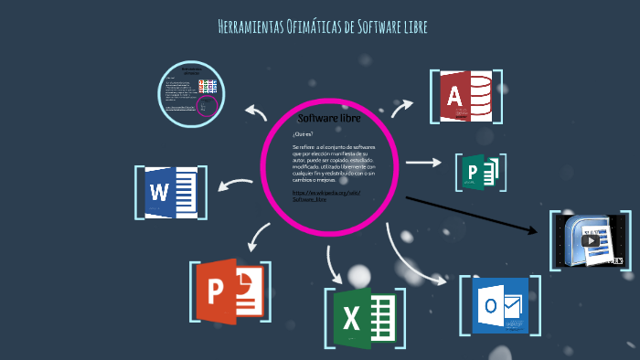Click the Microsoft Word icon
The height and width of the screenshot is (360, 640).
click(x=171, y=193)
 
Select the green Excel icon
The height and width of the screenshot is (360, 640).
click(x=363, y=317)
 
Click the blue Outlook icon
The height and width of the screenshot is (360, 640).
click(x=500, y=306)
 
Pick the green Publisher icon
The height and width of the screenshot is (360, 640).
click(x=481, y=172)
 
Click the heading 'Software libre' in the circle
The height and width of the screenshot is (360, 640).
click(x=329, y=119)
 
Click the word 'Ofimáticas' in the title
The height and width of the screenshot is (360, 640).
click(x=314, y=27)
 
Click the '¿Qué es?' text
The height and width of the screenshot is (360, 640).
click(x=303, y=134)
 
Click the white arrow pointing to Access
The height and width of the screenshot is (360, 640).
click(x=401, y=108)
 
